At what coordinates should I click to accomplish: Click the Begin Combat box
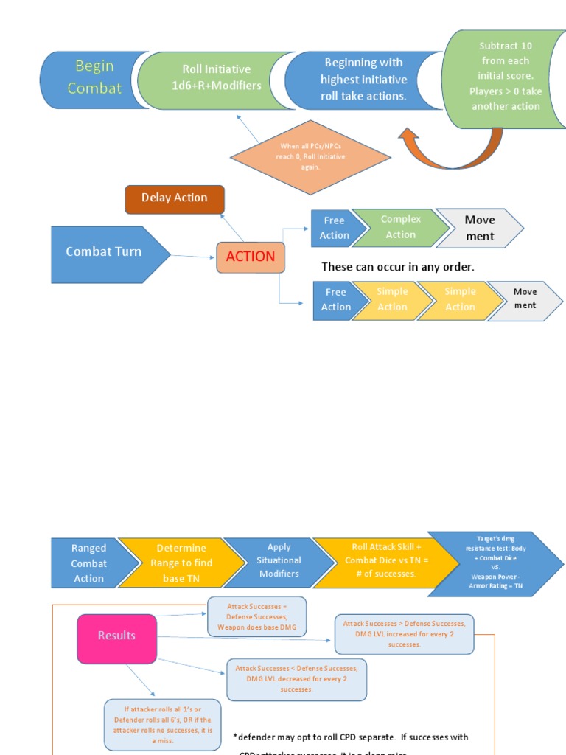click(x=93, y=77)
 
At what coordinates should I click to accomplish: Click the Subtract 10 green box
click(x=504, y=76)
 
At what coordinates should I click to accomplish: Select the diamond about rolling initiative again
click(x=310, y=157)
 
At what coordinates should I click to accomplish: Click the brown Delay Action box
click(x=175, y=198)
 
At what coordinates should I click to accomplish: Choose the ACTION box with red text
click(x=250, y=257)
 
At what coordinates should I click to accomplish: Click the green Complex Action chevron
click(x=400, y=227)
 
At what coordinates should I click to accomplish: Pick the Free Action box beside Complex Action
click(x=334, y=228)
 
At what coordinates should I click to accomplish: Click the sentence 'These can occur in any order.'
click(x=398, y=266)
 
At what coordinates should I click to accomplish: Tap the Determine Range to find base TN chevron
click(x=181, y=563)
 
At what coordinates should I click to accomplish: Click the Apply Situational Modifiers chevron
click(x=278, y=561)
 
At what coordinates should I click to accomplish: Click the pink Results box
click(x=116, y=636)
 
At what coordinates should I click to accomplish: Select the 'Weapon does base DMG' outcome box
click(x=256, y=616)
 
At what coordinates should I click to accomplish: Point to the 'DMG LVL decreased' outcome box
click(x=296, y=679)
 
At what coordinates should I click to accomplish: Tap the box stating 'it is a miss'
click(x=163, y=725)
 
